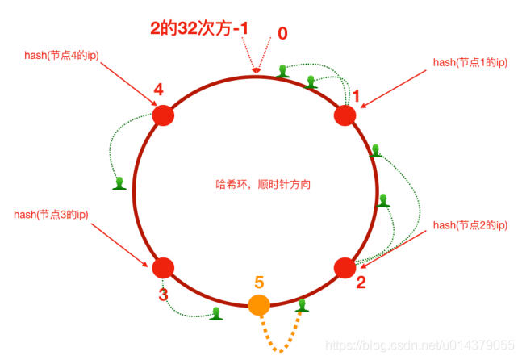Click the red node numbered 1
pos(345,115)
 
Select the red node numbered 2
pos(345,267)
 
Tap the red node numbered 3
pos(164,267)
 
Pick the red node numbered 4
pos(163,115)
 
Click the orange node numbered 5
pos(259,305)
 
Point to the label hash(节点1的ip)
pos(469,62)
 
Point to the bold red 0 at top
pos(282,34)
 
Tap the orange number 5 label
pos(259,283)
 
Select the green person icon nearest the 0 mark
pos(282,71)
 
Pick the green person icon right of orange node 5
pos(303,305)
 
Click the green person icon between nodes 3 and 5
pos(215,313)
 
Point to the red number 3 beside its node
pos(163,295)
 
